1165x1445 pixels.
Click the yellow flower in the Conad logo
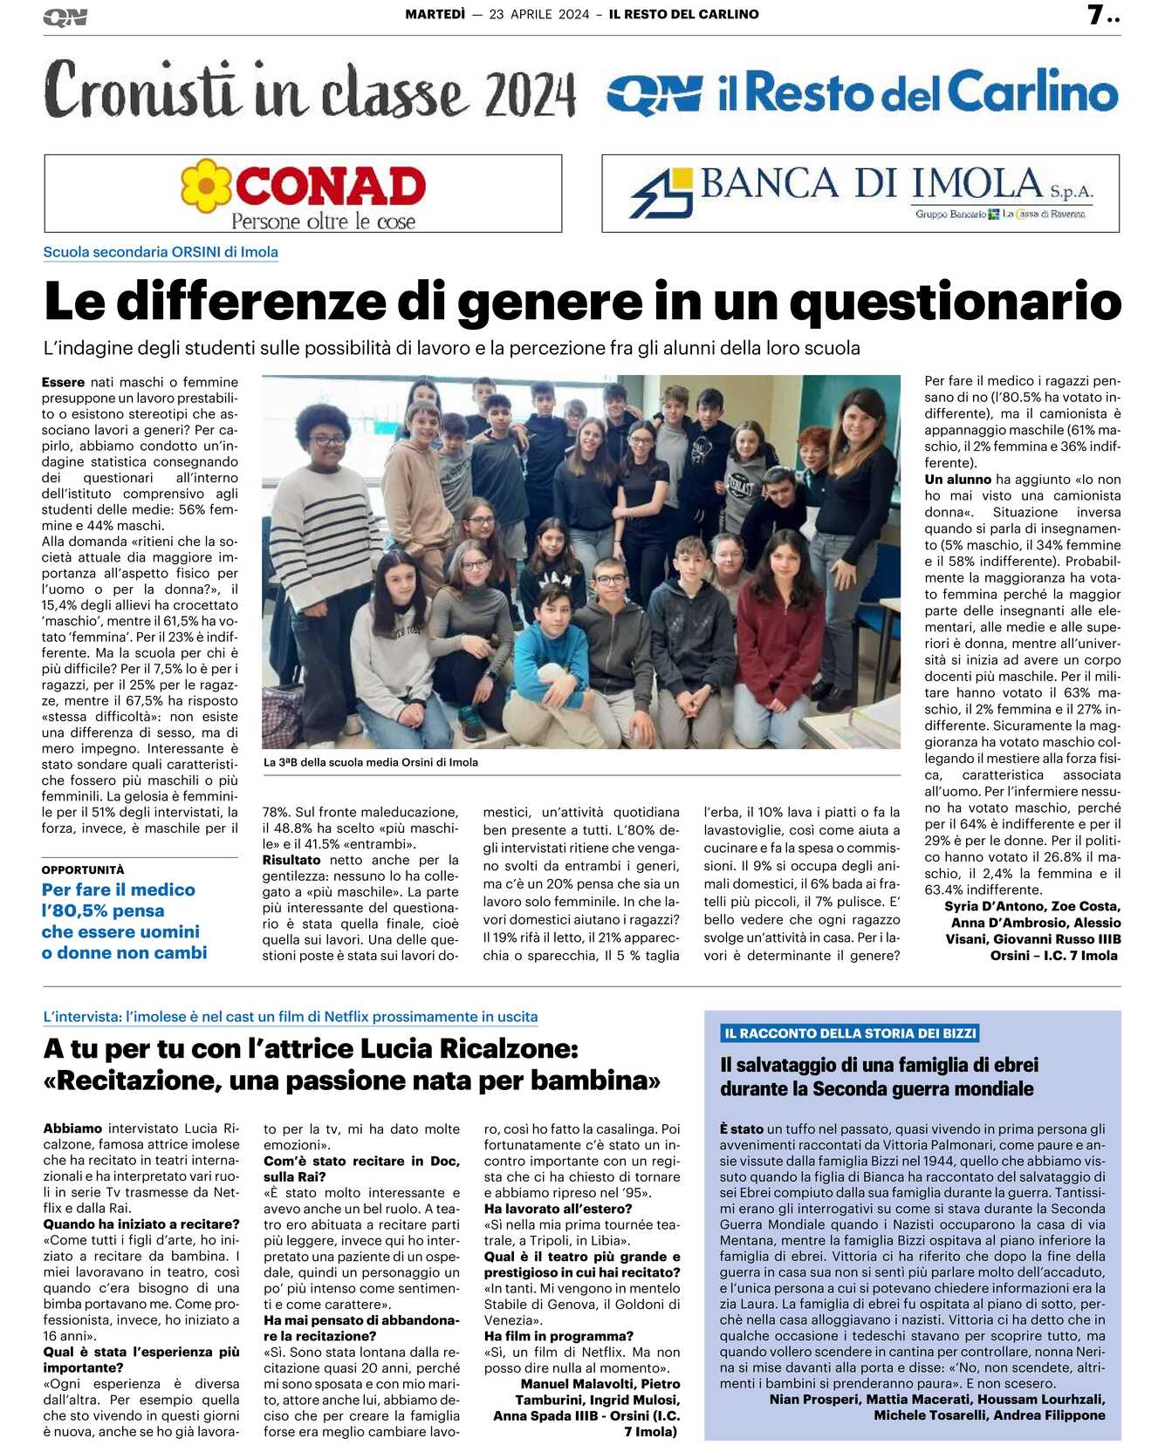pyautogui.click(x=207, y=186)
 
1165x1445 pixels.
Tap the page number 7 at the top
pyautogui.click(x=1095, y=15)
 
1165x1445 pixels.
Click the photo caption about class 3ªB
pyautogui.click(x=371, y=762)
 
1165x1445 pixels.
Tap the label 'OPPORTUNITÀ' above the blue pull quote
pyautogui.click(x=83, y=869)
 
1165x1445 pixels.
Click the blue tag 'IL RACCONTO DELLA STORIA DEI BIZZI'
pyautogui.click(x=850, y=1033)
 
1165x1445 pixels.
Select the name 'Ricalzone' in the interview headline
pyautogui.click(x=504, y=1048)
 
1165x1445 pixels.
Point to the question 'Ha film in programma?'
pyautogui.click(x=559, y=1336)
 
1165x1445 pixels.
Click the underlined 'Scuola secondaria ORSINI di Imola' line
pyautogui.click(x=161, y=252)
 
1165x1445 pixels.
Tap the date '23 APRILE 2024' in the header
pyautogui.click(x=538, y=14)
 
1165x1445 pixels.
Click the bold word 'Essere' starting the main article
pyautogui.click(x=63, y=382)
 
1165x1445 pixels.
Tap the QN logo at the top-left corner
pyautogui.click(x=65, y=17)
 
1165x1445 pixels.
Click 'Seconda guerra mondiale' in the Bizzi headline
pyautogui.click(x=922, y=1089)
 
